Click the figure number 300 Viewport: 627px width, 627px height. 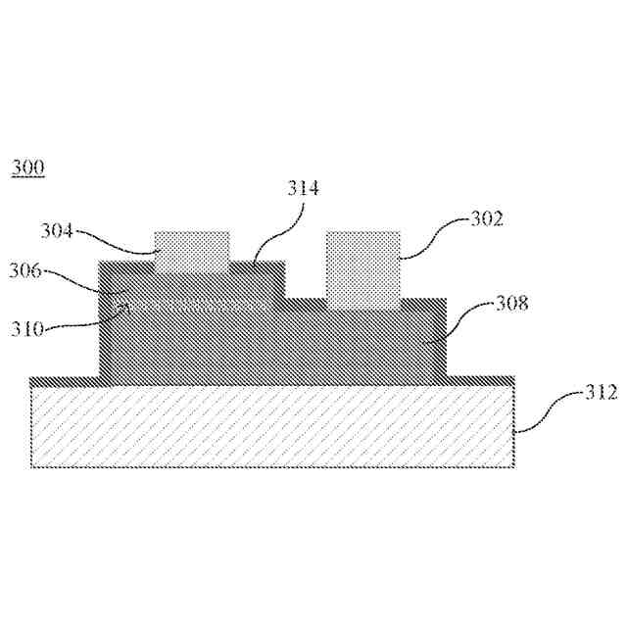pos(26,169)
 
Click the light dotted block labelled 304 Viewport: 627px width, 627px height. pos(192,251)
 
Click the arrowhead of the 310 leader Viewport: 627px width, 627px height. pos(124,309)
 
